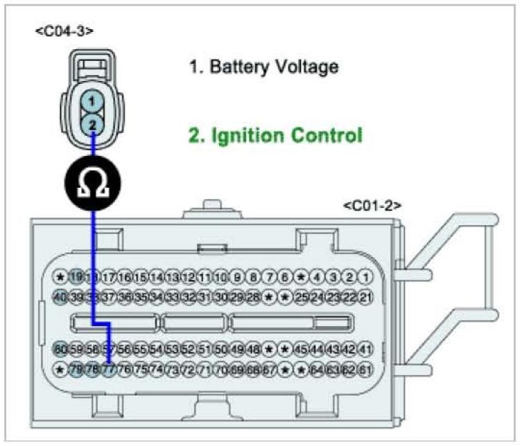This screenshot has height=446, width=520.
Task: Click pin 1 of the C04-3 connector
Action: pyautogui.click(x=90, y=101)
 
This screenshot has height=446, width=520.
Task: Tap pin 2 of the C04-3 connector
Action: pyautogui.click(x=90, y=124)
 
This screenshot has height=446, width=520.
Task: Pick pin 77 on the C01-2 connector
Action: pyautogui.click(x=108, y=369)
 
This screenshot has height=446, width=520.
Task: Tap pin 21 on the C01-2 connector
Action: pyautogui.click(x=365, y=297)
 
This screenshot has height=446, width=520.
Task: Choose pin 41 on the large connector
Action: pyautogui.click(x=365, y=349)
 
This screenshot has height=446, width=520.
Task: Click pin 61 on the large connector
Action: pyautogui.click(x=365, y=369)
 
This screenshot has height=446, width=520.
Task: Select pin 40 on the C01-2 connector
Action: pyautogui.click(x=60, y=297)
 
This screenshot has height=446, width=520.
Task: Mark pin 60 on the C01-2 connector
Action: pyautogui.click(x=60, y=349)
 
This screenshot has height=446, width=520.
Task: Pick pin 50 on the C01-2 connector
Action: pyautogui.click(x=221, y=349)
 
